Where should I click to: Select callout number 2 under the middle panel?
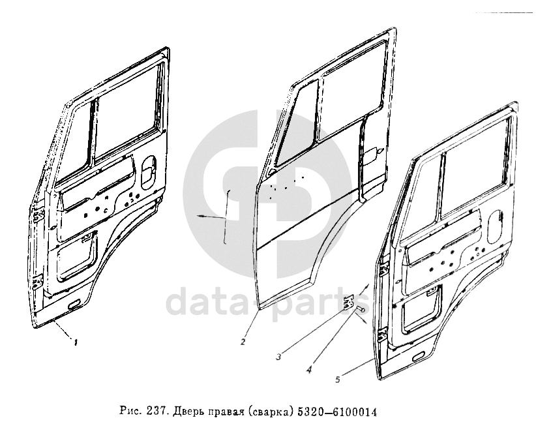[243, 341]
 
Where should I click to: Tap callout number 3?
[278, 357]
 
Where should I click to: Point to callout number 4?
[308, 370]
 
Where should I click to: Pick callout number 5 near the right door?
[338, 380]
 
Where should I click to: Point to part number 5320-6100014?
[337, 412]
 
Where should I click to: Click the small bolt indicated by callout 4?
[361, 309]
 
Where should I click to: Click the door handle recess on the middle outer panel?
[373, 156]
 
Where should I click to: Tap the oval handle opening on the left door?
[148, 172]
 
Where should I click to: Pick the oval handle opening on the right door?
[495, 226]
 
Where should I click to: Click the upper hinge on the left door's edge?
[38, 215]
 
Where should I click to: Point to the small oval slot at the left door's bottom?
[74, 305]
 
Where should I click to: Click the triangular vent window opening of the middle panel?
[295, 123]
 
